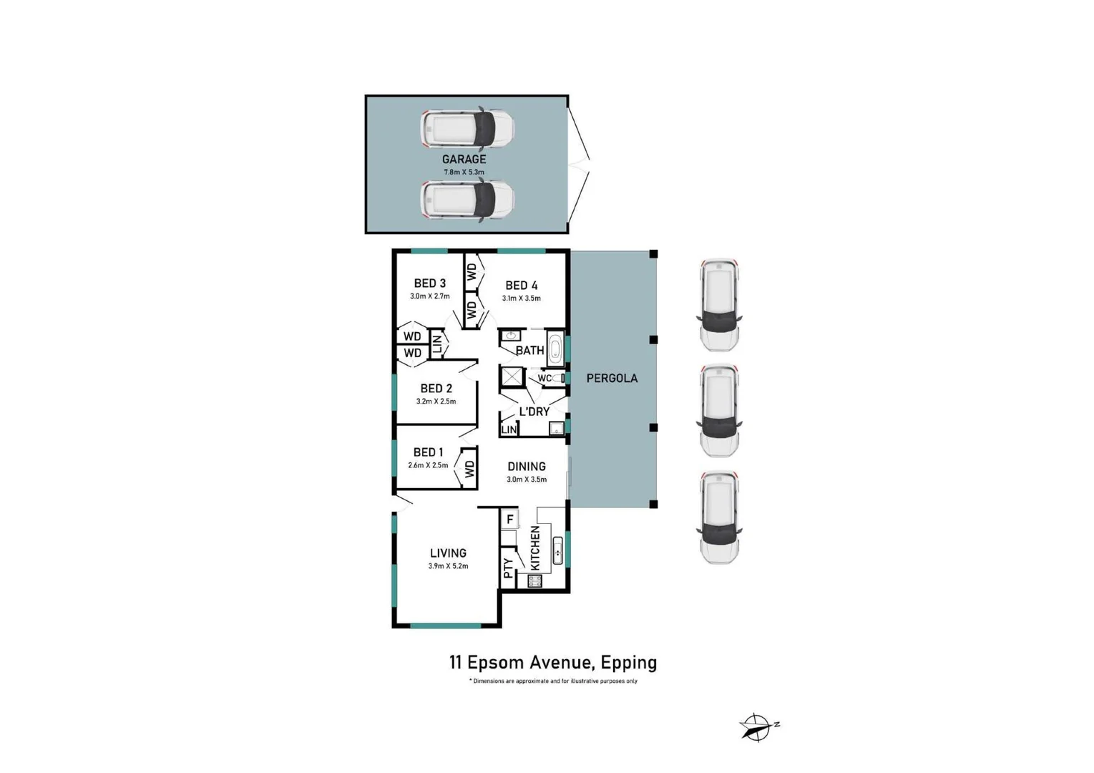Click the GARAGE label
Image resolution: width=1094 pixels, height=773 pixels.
(x=464, y=159)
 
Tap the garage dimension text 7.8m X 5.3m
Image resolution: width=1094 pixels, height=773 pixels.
(x=464, y=172)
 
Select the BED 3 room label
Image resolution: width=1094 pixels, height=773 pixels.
(x=429, y=283)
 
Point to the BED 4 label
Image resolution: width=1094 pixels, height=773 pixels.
(x=521, y=286)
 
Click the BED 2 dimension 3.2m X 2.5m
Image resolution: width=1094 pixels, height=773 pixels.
(x=436, y=402)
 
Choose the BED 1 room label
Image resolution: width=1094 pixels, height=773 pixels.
(x=428, y=452)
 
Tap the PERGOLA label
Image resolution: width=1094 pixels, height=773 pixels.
(x=612, y=378)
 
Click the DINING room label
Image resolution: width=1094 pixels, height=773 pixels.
(x=527, y=467)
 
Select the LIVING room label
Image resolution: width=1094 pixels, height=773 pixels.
(x=448, y=553)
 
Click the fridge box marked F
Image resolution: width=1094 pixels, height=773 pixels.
(x=509, y=519)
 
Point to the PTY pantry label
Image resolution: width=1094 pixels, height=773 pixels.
(x=508, y=568)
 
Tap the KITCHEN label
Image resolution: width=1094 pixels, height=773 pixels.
(x=535, y=548)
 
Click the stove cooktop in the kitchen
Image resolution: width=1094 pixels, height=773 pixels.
(x=534, y=581)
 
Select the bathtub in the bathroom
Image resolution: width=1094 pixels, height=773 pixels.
(x=555, y=349)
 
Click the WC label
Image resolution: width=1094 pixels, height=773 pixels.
(x=544, y=378)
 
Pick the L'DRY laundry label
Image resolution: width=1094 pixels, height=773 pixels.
(x=534, y=412)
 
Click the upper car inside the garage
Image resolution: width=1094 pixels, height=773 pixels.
(x=467, y=129)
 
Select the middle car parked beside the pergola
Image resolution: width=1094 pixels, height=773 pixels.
(x=719, y=411)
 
